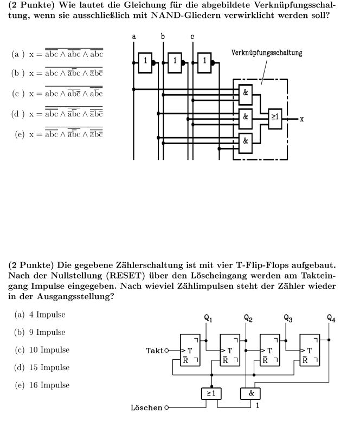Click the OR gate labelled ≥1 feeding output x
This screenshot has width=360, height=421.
[275, 119]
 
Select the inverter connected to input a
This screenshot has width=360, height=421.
[145, 63]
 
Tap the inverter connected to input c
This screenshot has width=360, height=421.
[204, 63]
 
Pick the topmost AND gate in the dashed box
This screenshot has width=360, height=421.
[246, 94]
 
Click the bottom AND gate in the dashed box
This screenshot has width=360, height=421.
[246, 143]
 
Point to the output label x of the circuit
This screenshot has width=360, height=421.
[301, 119]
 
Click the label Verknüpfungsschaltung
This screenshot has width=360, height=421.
[267, 53]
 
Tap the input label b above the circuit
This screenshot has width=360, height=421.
[163, 36]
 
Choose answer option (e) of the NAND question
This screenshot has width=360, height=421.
[59, 133]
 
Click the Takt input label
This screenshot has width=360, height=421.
[155, 351]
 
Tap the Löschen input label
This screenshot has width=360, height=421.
[147, 407]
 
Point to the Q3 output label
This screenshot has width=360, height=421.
[288, 318]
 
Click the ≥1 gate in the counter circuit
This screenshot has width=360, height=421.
[211, 393]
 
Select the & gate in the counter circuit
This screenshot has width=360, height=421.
[250, 393]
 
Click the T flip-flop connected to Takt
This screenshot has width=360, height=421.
[190, 350]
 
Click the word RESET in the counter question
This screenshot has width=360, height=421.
[125, 275]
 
